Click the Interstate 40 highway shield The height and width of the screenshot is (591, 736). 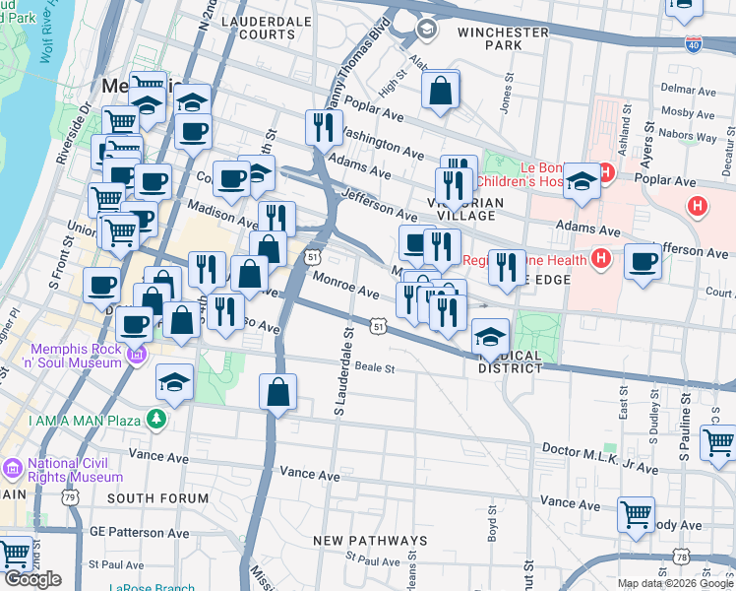695,45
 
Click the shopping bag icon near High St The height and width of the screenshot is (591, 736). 441,91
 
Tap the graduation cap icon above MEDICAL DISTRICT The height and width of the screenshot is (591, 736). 490,336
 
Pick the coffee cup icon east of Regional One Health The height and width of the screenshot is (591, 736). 644,262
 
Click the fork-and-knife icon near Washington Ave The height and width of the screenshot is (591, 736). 323,126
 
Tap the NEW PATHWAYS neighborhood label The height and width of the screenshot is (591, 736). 370,541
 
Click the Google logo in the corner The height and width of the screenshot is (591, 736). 32,579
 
